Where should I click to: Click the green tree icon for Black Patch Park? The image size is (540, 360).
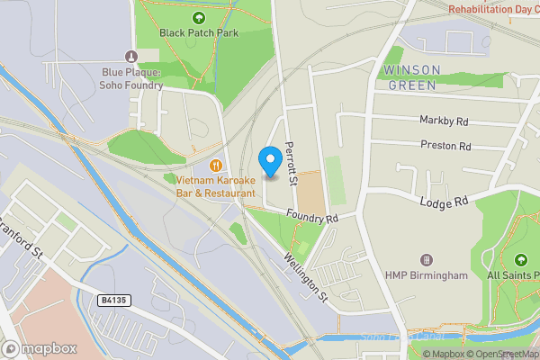196,17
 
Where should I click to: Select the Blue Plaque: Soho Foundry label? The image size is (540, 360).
131,78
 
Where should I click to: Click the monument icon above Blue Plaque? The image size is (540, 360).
131,56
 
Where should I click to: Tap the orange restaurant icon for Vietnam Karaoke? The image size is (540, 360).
216,165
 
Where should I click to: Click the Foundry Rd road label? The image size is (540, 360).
311,217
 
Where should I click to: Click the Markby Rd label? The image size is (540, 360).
444,120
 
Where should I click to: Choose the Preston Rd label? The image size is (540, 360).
445,145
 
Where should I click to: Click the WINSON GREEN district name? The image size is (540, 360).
411,77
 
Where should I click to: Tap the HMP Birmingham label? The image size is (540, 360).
427,275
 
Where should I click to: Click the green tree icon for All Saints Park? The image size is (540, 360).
520,259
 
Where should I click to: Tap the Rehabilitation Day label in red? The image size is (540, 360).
493,8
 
